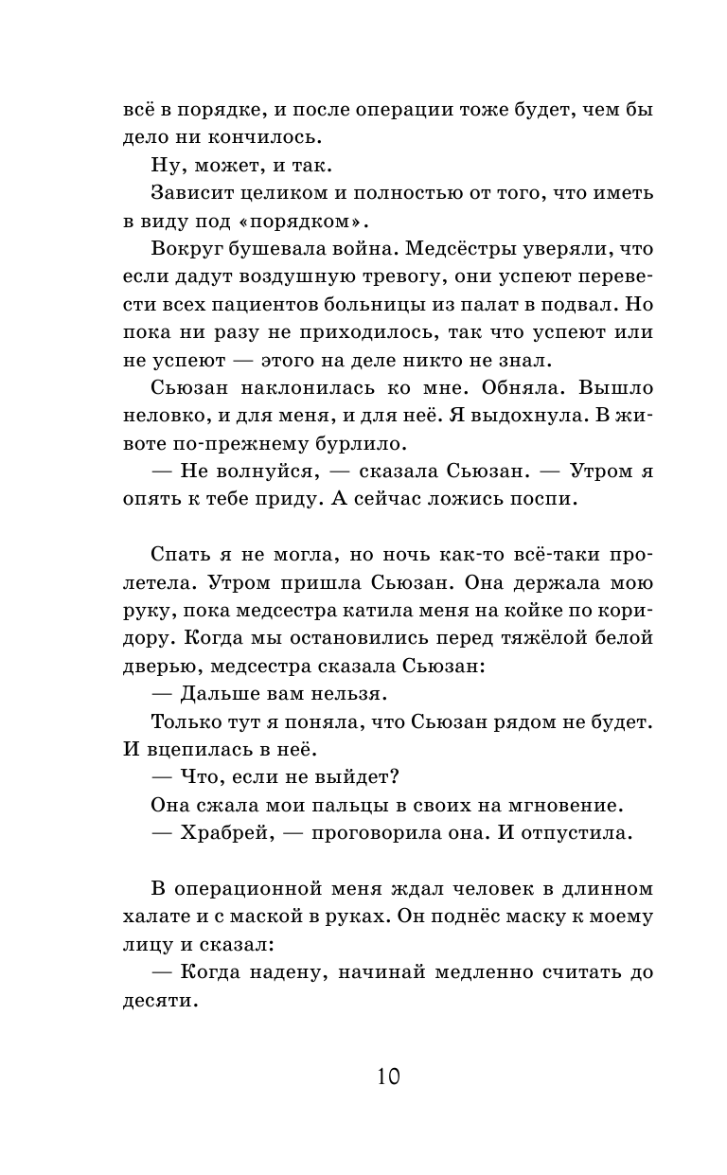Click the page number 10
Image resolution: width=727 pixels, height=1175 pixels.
(x=388, y=1077)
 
